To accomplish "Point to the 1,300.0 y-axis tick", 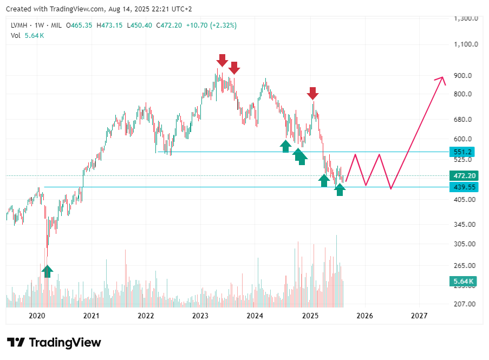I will coord(466,18).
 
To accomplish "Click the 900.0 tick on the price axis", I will coord(466,75).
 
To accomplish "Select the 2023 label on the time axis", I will coord(200,315).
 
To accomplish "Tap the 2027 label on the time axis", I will coord(419,315).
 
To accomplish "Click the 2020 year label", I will coord(36,315).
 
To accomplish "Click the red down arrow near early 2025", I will coord(312,93).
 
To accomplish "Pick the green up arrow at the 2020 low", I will coord(47,271).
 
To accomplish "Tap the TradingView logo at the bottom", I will coord(54,342).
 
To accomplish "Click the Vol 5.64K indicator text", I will coord(27,36).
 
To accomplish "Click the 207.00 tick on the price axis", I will coord(466,304).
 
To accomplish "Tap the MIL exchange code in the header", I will coord(56,25).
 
